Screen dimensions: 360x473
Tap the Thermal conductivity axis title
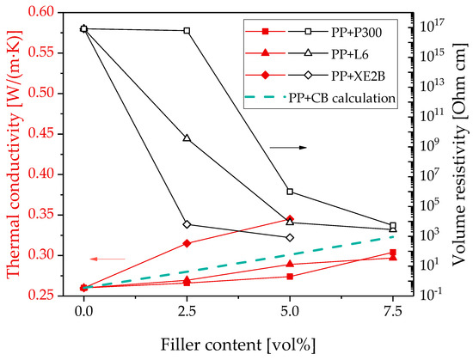click(x=15, y=155)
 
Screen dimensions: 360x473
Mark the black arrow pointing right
click(x=288, y=148)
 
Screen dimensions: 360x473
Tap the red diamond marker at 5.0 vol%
click(x=290, y=219)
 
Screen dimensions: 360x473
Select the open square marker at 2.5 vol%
click(x=187, y=30)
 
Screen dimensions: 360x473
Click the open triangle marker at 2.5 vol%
click(x=187, y=137)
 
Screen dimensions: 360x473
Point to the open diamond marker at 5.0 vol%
click(x=290, y=238)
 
